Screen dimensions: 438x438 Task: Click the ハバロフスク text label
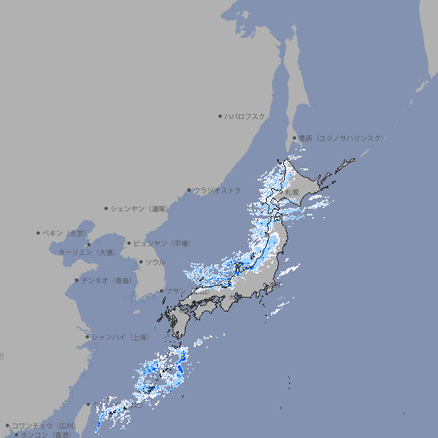coord(246,115)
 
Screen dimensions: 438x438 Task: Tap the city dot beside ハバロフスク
coord(221,115)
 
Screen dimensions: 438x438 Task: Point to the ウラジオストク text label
coord(217,190)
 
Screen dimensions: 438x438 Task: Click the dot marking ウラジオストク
coord(189,191)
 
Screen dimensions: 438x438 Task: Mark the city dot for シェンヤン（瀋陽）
coord(107,208)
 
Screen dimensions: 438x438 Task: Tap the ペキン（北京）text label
coord(66,233)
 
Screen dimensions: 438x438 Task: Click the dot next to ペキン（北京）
coord(38,233)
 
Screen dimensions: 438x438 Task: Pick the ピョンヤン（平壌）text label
coord(163,243)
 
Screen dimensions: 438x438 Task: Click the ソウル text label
coord(155,262)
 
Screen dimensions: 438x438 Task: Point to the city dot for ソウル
coord(139,263)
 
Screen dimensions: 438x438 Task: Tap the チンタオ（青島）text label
coord(108,280)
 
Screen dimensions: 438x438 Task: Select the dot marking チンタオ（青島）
coord(77,280)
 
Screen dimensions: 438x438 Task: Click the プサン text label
coord(175,292)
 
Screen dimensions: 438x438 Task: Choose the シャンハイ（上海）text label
coord(120,337)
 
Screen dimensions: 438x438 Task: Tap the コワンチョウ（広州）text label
coord(44,425)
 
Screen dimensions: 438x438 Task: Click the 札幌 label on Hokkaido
coord(293,192)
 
